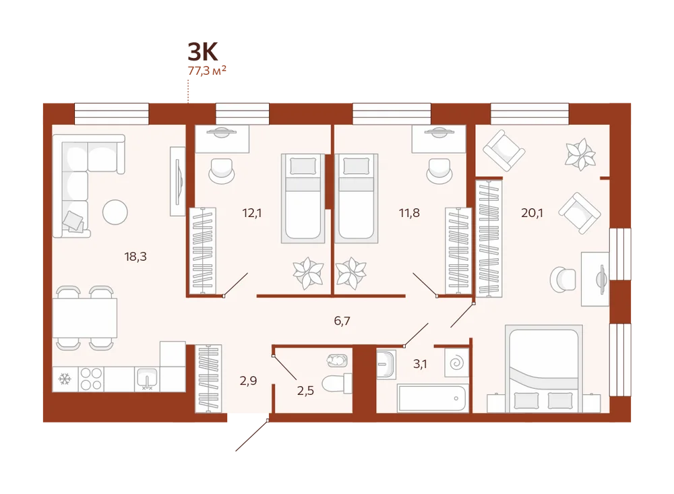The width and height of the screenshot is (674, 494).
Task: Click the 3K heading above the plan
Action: (x=203, y=52)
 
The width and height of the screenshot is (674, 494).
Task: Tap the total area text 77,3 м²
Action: (x=207, y=71)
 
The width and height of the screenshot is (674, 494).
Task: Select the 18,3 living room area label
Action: (x=135, y=257)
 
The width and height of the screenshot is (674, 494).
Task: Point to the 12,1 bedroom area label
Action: (x=252, y=213)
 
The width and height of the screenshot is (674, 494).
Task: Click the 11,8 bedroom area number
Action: (x=409, y=213)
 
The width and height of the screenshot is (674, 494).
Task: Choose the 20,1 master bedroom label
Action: (x=532, y=213)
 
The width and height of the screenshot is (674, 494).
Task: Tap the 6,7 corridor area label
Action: (x=342, y=321)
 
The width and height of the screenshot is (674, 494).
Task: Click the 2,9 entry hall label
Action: (x=249, y=381)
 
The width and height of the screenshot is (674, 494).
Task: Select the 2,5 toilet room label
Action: (x=305, y=391)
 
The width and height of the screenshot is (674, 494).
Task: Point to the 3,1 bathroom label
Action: (x=420, y=364)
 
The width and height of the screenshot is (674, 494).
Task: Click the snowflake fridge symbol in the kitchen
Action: (x=65, y=379)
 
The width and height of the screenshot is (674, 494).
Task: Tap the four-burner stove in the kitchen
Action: (x=91, y=379)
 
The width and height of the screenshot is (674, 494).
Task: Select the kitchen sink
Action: (x=146, y=379)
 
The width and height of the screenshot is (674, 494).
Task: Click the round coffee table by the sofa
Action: (x=115, y=212)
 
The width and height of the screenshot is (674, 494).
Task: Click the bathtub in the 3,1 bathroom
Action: (x=432, y=398)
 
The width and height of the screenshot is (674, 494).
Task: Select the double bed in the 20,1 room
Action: (x=543, y=369)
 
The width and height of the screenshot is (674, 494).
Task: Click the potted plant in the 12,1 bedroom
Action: (x=308, y=273)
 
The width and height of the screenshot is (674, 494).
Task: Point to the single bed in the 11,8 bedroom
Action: (x=356, y=198)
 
